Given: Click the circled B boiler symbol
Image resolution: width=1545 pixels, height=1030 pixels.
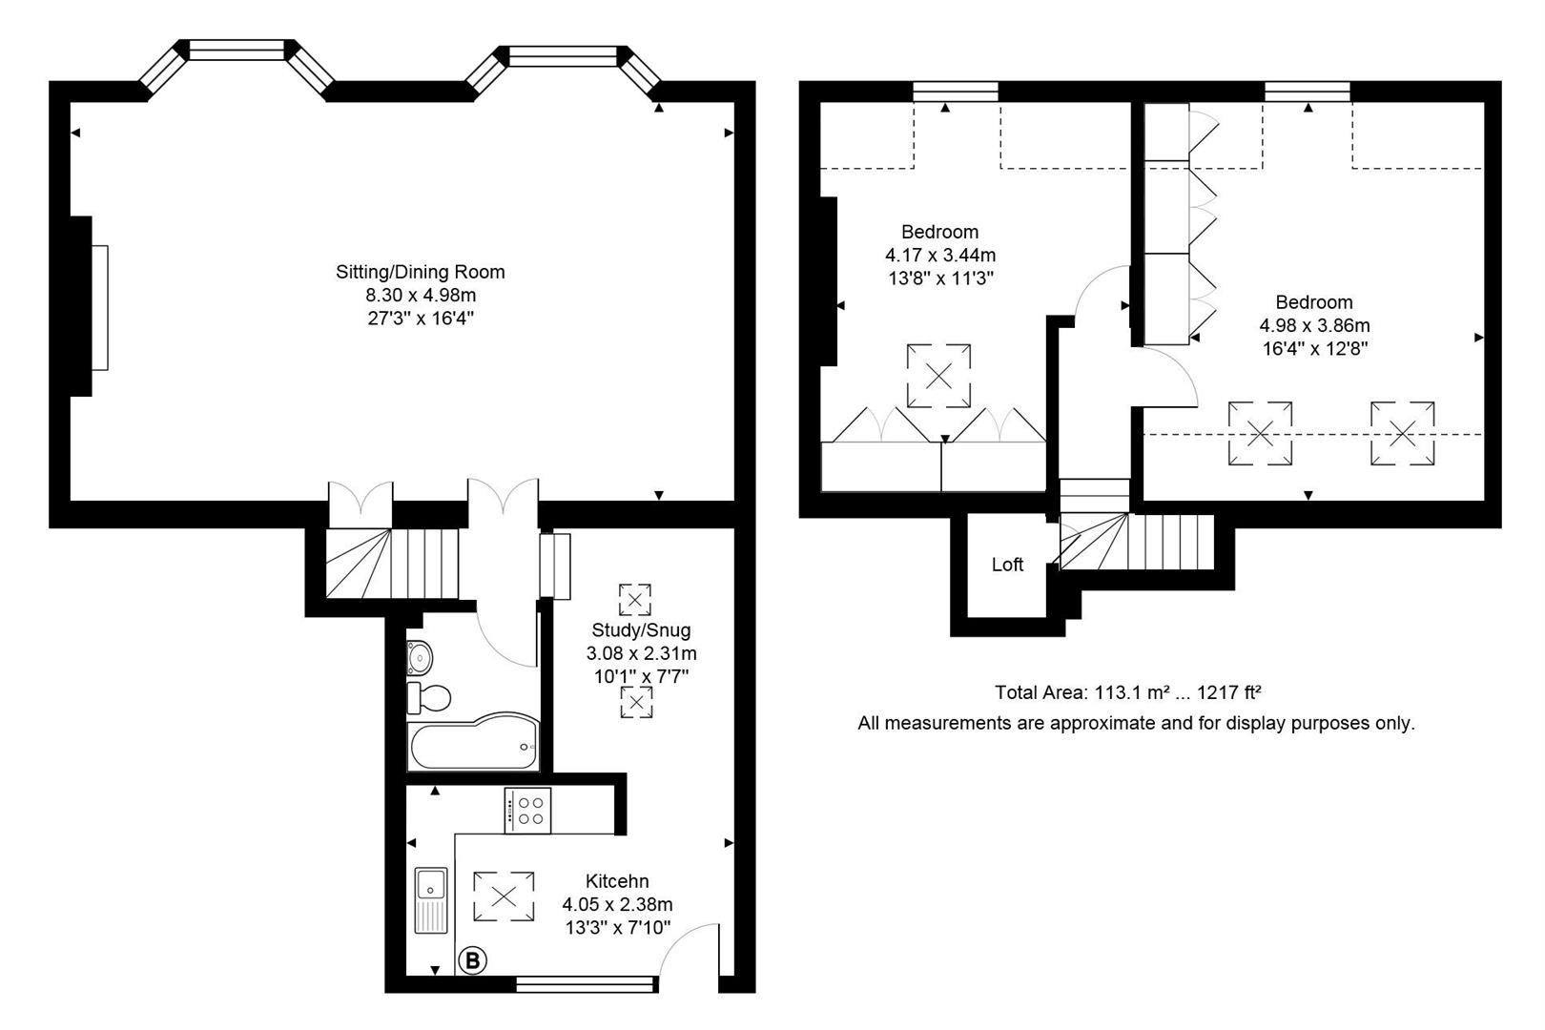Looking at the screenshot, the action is tap(472, 960).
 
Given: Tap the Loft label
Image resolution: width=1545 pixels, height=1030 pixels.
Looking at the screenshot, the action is tap(1007, 565).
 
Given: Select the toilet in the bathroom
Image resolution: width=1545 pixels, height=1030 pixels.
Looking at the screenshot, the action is tap(428, 697).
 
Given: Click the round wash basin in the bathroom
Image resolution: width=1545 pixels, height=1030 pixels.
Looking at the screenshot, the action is tap(420, 658).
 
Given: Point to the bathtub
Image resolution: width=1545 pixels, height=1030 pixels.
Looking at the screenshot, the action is tap(474, 742).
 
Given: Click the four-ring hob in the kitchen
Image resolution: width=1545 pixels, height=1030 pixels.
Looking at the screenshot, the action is tap(527, 811).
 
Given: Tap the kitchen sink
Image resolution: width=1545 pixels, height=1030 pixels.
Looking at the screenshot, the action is tap(431, 900).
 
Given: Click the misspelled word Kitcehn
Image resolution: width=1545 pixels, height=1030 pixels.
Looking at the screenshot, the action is tap(617, 881).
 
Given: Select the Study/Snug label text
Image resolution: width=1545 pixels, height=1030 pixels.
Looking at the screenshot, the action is tap(641, 629).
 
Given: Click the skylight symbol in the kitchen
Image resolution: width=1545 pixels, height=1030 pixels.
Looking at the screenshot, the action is tap(504, 896).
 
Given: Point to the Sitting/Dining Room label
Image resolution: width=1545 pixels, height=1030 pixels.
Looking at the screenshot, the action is tap(420, 272).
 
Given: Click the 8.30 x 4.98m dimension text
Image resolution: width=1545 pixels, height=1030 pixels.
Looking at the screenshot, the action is tap(421, 296).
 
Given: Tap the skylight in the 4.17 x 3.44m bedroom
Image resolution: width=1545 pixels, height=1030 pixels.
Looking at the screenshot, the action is tap(938, 376).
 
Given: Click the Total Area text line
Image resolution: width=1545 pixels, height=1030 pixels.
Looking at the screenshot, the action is tap(1127, 692).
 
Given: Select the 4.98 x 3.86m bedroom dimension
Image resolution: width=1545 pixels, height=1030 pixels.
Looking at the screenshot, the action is tap(1314, 325).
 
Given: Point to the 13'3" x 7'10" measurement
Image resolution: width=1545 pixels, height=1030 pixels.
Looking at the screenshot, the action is tap(618, 928).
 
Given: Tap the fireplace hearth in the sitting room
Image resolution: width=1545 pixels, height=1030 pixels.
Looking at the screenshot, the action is tap(99, 308).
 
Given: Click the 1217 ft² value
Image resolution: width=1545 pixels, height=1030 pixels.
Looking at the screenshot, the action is tap(1229, 692).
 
